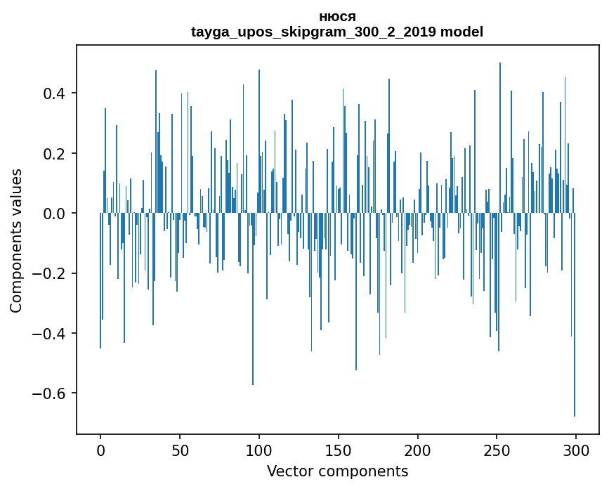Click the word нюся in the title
tap(337, 17)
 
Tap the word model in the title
tap(461, 32)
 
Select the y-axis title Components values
tap(16, 240)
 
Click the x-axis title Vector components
tap(337, 471)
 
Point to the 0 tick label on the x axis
tap(100, 449)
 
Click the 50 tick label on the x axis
tap(180, 449)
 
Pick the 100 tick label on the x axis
tap(259, 449)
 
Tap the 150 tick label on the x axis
tap(339, 449)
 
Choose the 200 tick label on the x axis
tap(418, 449)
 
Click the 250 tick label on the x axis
tap(497, 449)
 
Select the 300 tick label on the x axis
tap(577, 449)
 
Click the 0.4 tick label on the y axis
tap(55, 93)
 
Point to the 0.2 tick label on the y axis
tap(55, 153)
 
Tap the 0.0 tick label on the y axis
tap(55, 213)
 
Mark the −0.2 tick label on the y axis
tap(50, 273)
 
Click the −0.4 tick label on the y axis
tap(50, 333)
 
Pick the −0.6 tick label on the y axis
tap(50, 393)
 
